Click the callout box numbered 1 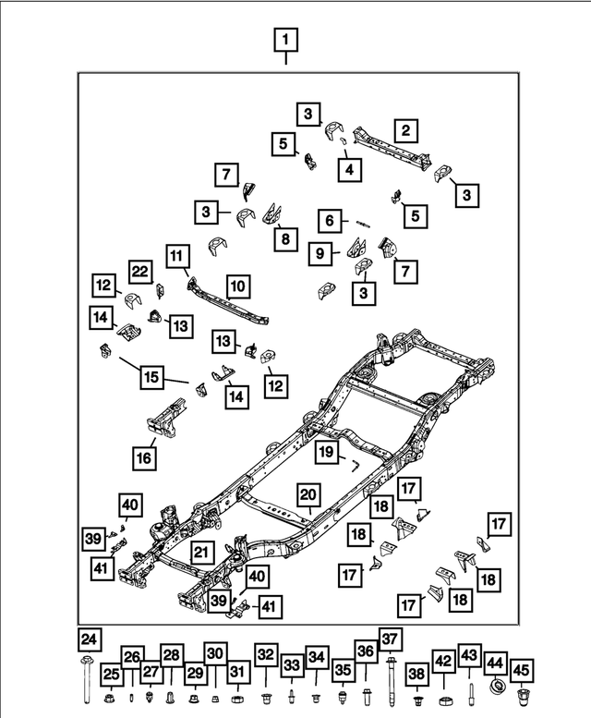click(286, 40)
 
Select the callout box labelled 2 click(404, 130)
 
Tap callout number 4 click(349, 170)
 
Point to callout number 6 click(328, 221)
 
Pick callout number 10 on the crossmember click(238, 286)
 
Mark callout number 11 click(177, 255)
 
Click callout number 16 click(145, 456)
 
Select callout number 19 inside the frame click(326, 452)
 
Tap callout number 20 click(307, 494)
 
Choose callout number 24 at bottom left click(88, 639)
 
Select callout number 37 click(391, 639)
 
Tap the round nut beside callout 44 click(496, 688)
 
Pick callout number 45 click(522, 670)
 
